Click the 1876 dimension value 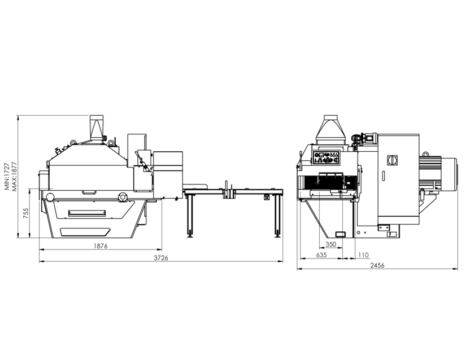click(x=100, y=246)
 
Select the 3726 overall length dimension click(x=161, y=258)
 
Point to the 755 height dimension click(x=26, y=213)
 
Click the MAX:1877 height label click(x=13, y=176)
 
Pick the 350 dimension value click(x=330, y=244)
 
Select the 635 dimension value click(x=321, y=255)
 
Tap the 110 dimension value click(x=363, y=255)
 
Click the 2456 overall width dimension click(x=377, y=265)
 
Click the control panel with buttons click(x=326, y=157)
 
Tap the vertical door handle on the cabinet click(x=384, y=176)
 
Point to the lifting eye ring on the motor click(x=426, y=153)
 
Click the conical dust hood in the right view click(x=330, y=130)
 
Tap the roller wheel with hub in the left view click(x=121, y=197)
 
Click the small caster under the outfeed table click(x=266, y=197)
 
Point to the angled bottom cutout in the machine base click(x=85, y=232)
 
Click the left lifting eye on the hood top click(x=73, y=143)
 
